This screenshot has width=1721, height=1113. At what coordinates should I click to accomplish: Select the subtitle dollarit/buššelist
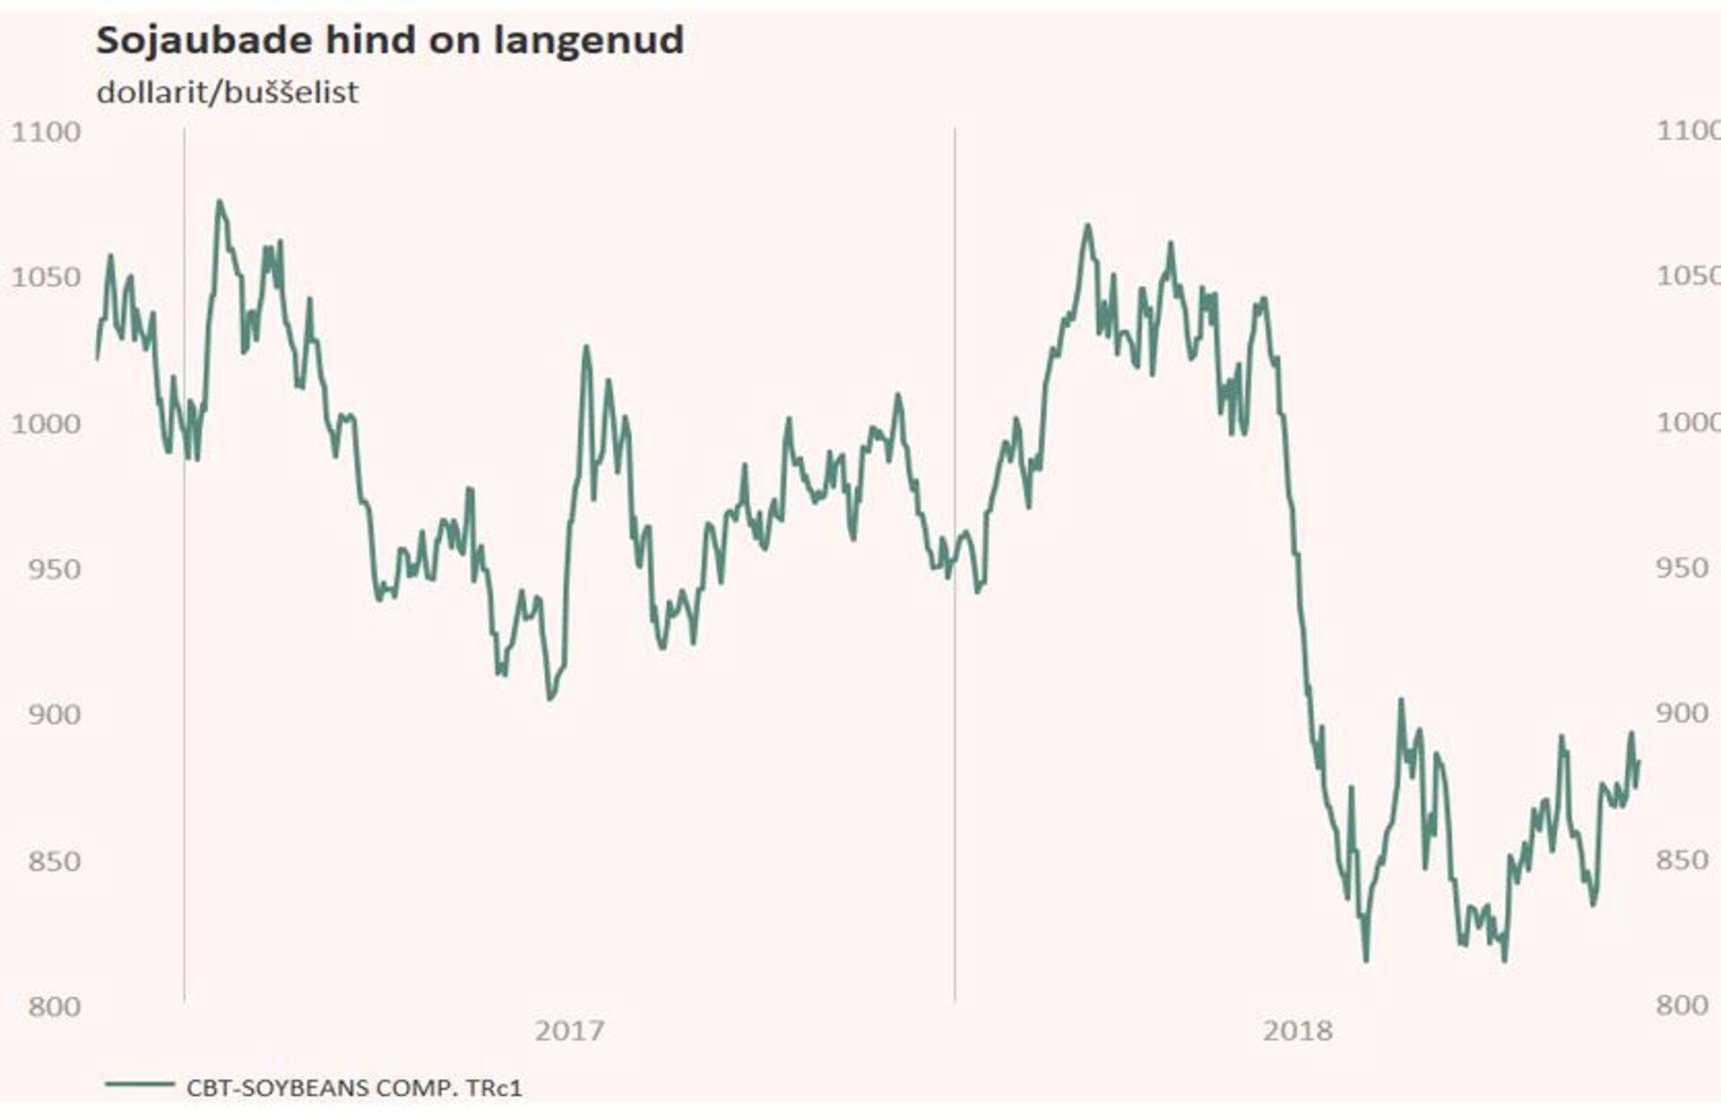228,92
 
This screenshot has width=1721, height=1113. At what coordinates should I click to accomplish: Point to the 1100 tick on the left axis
46,132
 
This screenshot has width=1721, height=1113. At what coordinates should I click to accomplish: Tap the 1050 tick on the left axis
46,277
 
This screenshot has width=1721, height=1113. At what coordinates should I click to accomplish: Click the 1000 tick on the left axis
46,423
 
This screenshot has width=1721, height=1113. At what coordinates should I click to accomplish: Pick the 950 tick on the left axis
54,568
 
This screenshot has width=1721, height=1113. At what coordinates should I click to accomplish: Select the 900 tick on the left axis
54,714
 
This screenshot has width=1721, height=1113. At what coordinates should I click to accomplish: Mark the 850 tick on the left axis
54,860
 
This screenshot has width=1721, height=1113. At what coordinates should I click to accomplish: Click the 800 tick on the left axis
54,1005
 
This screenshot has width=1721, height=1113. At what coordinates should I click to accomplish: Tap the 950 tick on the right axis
1682,567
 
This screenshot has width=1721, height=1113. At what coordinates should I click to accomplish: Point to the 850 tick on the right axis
1682,859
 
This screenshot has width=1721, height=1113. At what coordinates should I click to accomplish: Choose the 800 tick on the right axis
1682,1005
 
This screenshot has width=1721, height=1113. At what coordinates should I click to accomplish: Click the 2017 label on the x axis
569,1031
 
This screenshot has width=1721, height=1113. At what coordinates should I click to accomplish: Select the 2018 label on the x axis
1297,1031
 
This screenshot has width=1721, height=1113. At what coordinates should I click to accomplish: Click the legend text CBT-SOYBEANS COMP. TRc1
354,1088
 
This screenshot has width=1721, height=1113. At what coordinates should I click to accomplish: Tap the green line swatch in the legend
140,1084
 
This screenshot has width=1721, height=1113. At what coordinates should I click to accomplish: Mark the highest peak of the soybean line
219,202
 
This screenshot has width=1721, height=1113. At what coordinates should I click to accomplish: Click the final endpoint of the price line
1639,762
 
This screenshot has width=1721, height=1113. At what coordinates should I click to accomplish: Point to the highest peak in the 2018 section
1087,226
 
